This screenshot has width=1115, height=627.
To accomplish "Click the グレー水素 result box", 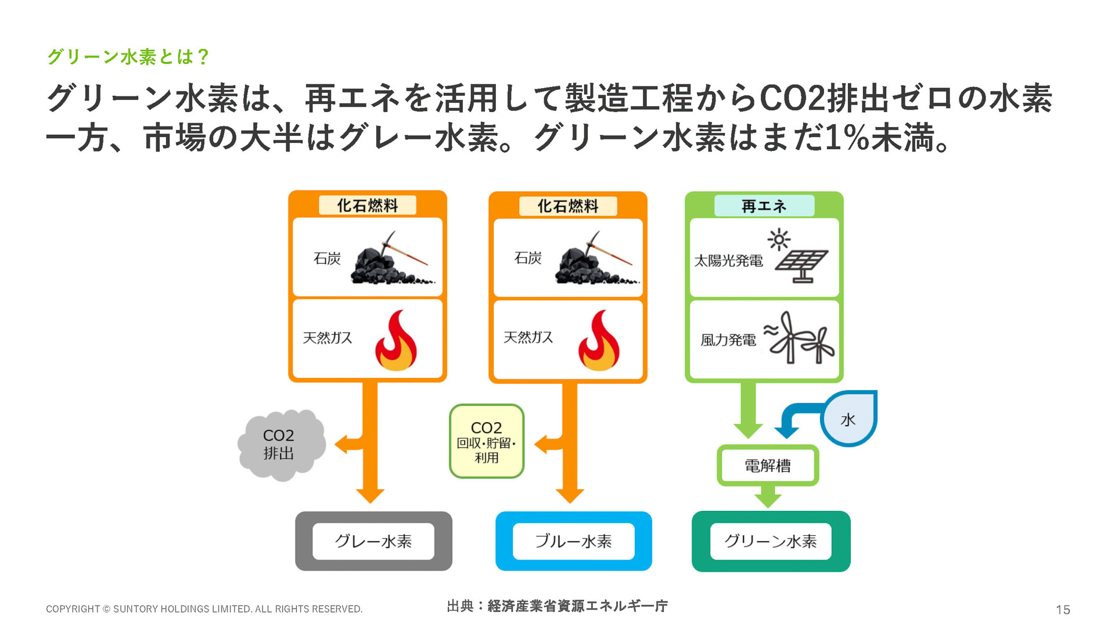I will tap(373, 541).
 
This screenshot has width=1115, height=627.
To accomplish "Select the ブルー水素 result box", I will tap(573, 541).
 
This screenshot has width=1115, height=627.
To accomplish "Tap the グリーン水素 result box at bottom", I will tap(771, 541).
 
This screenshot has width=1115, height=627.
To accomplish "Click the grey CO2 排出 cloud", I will tap(280, 445).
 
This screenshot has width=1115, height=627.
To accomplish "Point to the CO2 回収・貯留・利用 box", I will tap(487, 442).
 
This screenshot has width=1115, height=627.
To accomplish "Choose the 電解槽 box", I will tap(768, 466).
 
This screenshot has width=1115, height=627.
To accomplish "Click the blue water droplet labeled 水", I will tap(849, 419).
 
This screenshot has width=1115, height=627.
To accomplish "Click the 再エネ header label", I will tap(764, 206).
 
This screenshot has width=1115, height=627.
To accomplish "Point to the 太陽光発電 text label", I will tap(728, 261).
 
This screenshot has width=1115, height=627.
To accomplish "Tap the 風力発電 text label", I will tap(728, 340).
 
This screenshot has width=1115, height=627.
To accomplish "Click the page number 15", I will tap(1063, 610).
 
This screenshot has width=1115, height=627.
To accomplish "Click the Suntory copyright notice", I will tap(204, 609).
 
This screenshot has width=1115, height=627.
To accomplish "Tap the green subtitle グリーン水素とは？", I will tap(128, 56).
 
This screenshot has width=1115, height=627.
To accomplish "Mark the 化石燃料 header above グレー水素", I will tap(368, 206).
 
